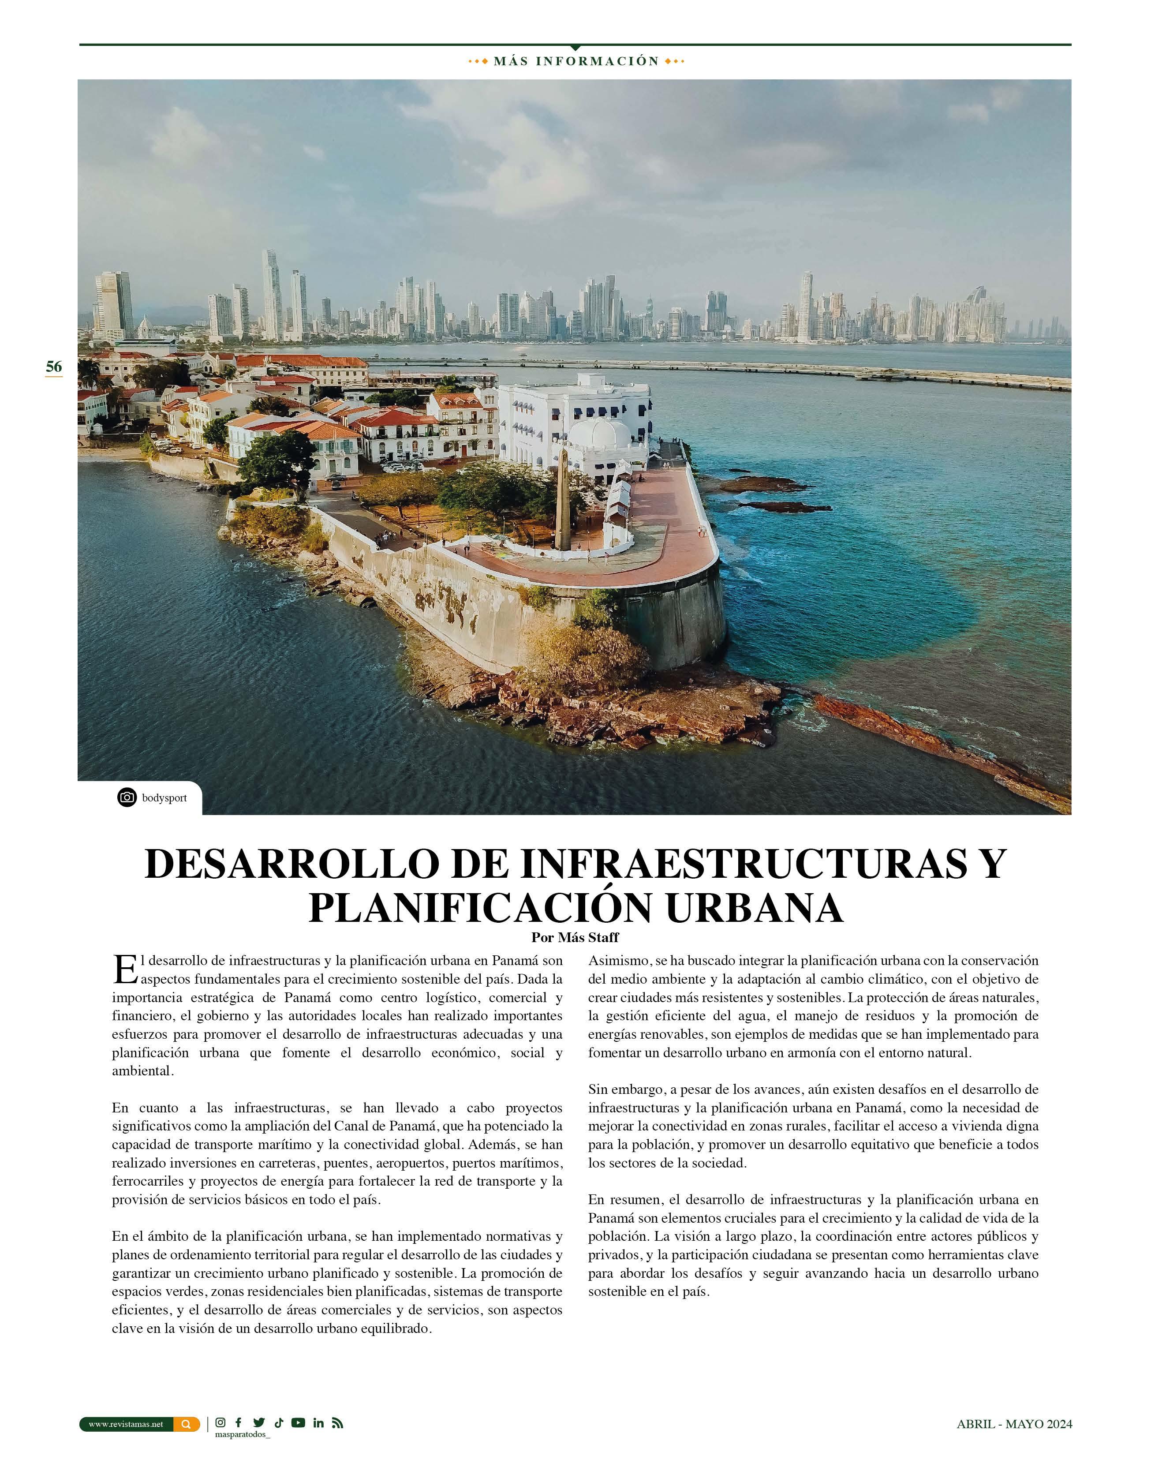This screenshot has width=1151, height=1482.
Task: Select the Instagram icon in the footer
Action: (x=220, y=1423)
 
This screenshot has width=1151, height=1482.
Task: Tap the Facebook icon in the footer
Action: (x=238, y=1423)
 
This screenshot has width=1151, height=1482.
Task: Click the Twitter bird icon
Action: (x=258, y=1423)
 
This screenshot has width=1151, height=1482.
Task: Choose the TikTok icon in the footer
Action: (x=278, y=1423)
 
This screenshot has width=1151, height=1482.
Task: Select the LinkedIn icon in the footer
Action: (x=318, y=1423)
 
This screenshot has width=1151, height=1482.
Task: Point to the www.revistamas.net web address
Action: (x=126, y=1424)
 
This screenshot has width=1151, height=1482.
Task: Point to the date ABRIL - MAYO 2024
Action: (x=1014, y=1424)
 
